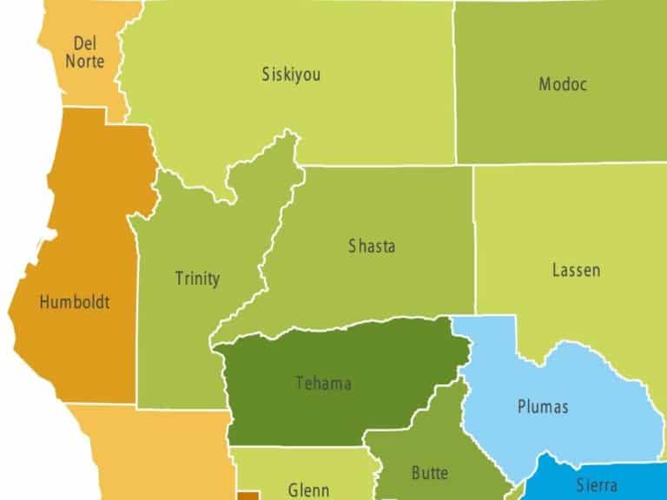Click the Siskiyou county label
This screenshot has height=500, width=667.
pyautogui.click(x=291, y=75)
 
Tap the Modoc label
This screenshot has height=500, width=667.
pyautogui.click(x=563, y=84)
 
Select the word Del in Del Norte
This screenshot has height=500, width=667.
pyautogui.click(x=84, y=43)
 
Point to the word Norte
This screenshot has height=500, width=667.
pyautogui.click(x=84, y=62)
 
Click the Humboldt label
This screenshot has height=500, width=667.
pyautogui.click(x=75, y=303)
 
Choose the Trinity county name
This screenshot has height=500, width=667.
pyautogui.click(x=197, y=279)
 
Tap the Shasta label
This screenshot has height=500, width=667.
pyautogui.click(x=372, y=247)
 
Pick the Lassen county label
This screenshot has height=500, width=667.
pyautogui.click(x=576, y=270)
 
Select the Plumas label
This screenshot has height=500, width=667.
pyautogui.click(x=543, y=406)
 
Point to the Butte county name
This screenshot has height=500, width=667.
pyautogui.click(x=429, y=473)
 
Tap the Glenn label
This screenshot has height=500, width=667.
pyautogui.click(x=308, y=490)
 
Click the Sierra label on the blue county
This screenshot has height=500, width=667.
pyautogui.click(x=597, y=485)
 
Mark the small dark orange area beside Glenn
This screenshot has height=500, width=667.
pyautogui.click(x=248, y=495)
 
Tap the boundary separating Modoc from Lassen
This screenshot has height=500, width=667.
pyautogui.click(x=565, y=163)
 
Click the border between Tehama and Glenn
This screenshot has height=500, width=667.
pyautogui.click(x=295, y=447)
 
